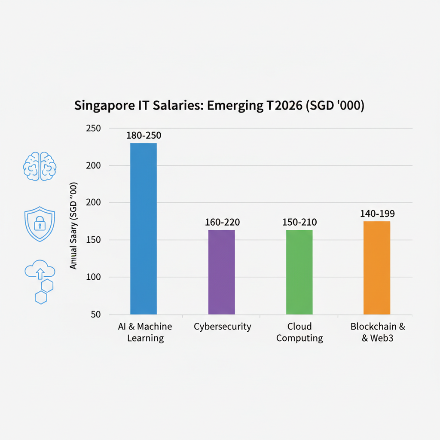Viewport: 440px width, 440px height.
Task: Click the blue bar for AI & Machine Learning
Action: coord(144,228)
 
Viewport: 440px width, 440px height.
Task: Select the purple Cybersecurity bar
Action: coord(222,272)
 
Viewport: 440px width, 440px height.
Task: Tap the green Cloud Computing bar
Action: coord(299,272)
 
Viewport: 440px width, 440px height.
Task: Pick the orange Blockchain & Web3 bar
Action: coord(377,267)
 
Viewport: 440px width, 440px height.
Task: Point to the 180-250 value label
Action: coord(144,135)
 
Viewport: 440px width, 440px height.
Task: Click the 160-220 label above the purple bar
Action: coord(222,222)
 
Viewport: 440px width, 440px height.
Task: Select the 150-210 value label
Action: coord(299,222)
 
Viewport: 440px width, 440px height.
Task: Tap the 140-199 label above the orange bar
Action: coord(377,214)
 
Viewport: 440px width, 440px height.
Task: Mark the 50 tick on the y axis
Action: coord(95,315)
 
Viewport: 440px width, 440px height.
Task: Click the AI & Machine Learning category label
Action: coord(145,332)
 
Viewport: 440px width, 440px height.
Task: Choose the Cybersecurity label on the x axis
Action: coord(222,327)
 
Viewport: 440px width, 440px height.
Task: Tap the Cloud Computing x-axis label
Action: coord(299,332)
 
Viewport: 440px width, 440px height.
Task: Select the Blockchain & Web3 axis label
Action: coord(377,332)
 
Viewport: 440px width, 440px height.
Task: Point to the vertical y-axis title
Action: coord(73,226)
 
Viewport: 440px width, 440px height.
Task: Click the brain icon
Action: coord(40,166)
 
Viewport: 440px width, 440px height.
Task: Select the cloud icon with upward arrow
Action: coord(40,271)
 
